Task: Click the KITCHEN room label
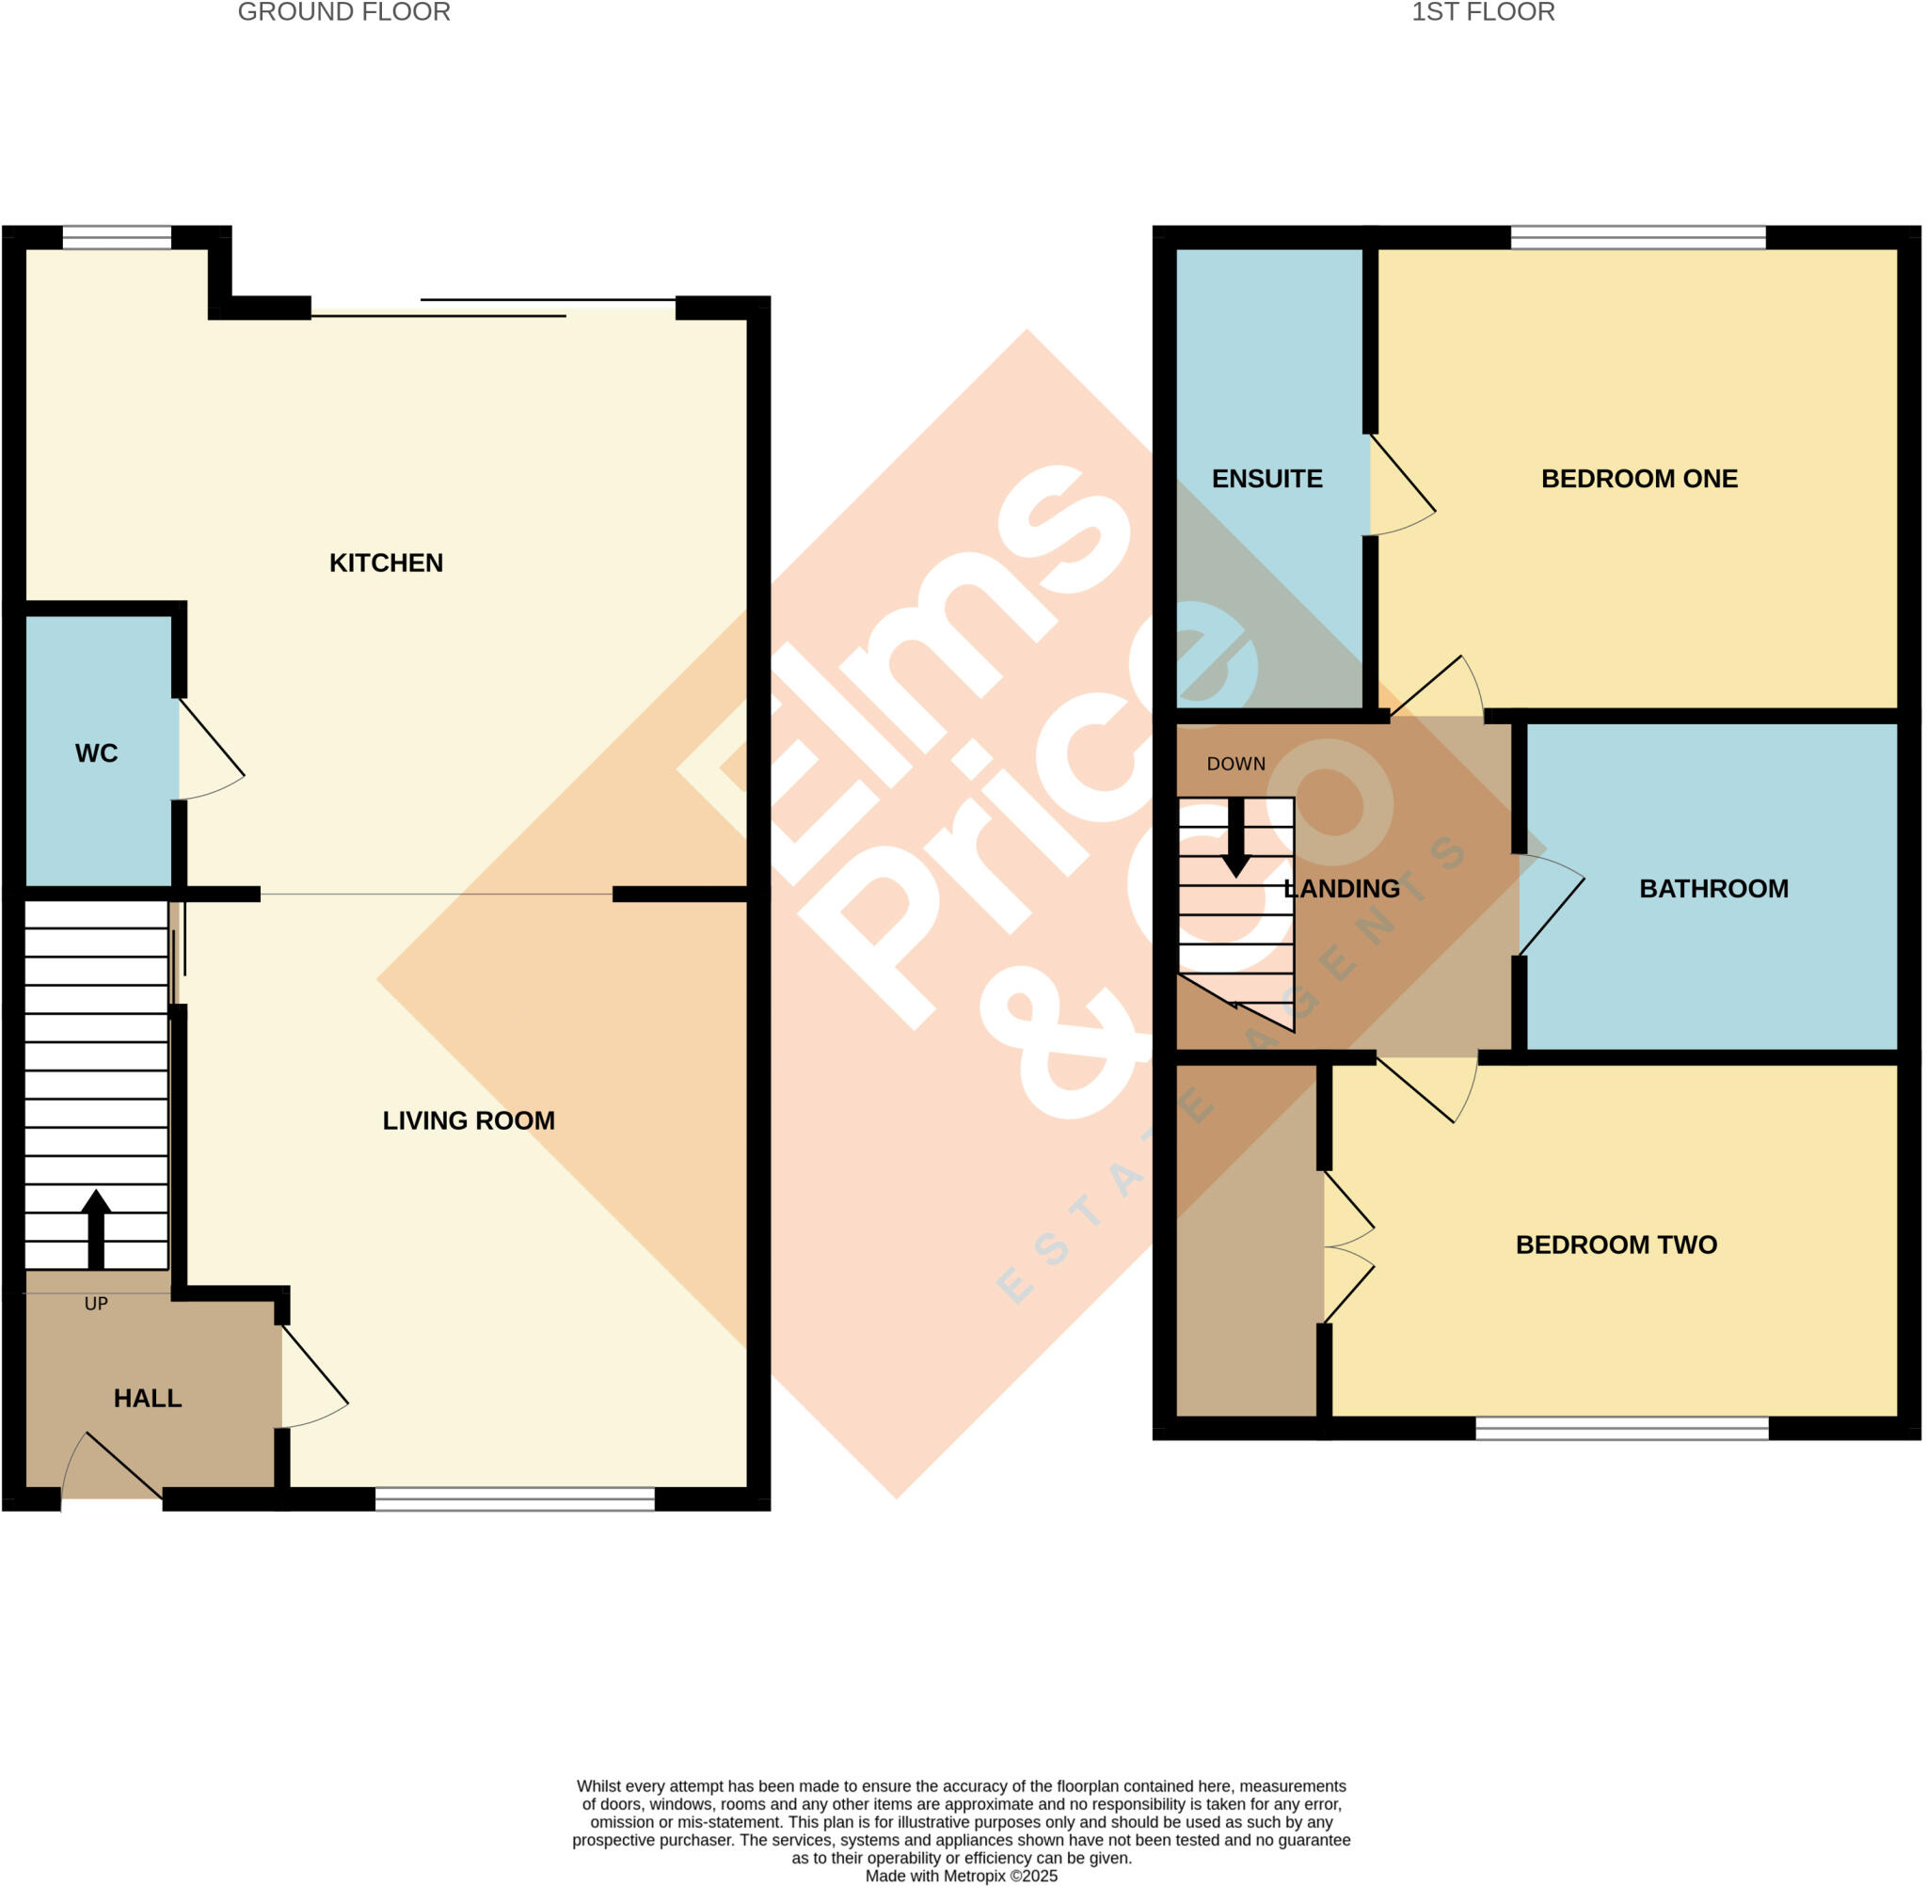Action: click(x=386, y=563)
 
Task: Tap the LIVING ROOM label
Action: click(x=468, y=1120)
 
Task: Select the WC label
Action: click(x=96, y=753)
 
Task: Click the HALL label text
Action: click(x=148, y=1398)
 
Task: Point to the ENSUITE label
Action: click(x=1266, y=479)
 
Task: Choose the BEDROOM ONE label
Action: click(x=1639, y=479)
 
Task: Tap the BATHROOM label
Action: click(x=1713, y=889)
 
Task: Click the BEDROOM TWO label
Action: click(x=1616, y=1244)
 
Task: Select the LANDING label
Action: click(x=1342, y=889)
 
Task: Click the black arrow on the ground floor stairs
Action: click(x=95, y=1228)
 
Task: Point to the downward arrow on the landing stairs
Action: click(x=1235, y=838)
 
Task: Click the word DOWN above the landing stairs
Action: click(x=1235, y=764)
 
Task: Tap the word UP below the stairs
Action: click(x=95, y=1304)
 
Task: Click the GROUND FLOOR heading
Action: click(x=343, y=12)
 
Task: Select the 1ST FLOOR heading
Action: click(x=1482, y=12)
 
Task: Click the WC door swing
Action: click(x=210, y=753)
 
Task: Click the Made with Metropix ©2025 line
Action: click(x=961, y=1876)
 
